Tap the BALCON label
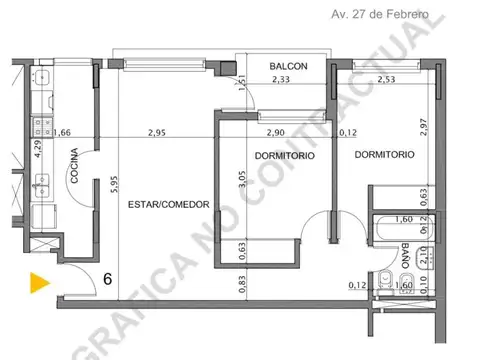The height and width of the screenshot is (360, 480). [287, 67]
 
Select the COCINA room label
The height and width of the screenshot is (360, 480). [75, 169]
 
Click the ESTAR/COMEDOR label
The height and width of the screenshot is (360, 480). [168, 204]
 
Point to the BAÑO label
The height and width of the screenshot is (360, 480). [405, 258]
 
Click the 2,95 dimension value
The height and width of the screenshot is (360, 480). [158, 131]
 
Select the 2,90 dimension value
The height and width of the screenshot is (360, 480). [277, 131]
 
